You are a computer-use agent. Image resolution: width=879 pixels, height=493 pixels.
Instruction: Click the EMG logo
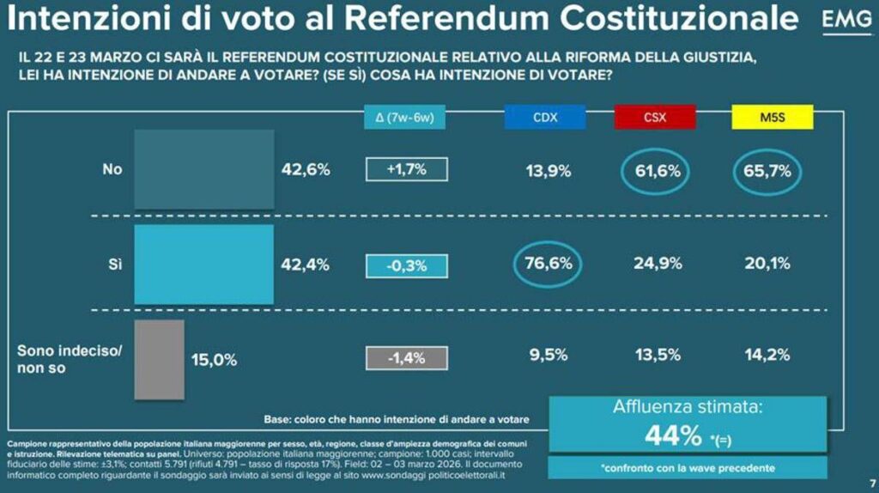846,22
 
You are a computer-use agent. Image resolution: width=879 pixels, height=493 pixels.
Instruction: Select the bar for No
204,169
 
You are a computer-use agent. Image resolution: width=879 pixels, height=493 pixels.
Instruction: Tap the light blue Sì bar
204,264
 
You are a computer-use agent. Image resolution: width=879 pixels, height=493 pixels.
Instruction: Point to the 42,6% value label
306,170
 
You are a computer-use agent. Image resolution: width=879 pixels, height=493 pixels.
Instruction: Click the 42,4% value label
306,265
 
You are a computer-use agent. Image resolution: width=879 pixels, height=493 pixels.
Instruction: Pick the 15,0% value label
214,360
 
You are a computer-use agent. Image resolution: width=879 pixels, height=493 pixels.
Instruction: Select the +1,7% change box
407,170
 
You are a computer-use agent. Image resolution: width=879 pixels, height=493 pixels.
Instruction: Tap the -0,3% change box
407,265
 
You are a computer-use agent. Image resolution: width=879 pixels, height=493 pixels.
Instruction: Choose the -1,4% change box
407,357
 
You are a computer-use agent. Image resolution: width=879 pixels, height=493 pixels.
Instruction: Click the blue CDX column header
545,117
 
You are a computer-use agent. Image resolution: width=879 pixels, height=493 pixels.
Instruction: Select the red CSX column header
655,117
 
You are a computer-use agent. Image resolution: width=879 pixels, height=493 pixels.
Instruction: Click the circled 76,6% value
549,264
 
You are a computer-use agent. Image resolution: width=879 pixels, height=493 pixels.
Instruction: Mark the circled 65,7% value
767,170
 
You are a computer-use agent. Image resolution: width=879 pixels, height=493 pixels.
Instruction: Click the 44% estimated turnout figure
674,437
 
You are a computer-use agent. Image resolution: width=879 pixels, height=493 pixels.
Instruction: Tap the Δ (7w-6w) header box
405,118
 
